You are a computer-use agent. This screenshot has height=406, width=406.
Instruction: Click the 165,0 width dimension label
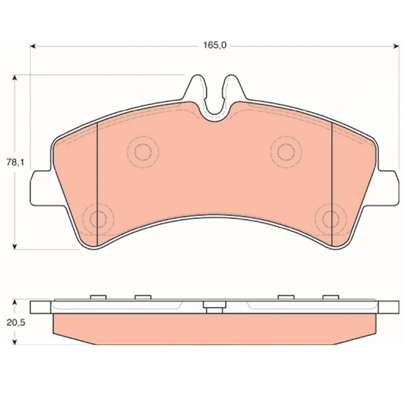click(x=215, y=45)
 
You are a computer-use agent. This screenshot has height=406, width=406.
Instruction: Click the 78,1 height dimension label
click(x=15, y=163)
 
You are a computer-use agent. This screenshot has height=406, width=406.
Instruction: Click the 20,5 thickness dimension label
click(x=16, y=323)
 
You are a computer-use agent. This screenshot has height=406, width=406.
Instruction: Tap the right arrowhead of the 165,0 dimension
click(x=396, y=46)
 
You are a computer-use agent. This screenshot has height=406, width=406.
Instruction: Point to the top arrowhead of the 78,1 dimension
click(x=15, y=78)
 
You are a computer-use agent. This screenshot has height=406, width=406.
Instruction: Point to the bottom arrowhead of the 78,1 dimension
click(x=15, y=247)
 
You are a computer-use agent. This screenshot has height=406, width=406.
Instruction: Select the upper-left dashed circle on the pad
click(x=143, y=152)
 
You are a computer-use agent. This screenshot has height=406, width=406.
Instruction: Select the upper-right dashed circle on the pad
click(x=286, y=152)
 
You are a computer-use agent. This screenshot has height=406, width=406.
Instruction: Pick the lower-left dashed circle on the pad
click(x=98, y=219)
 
